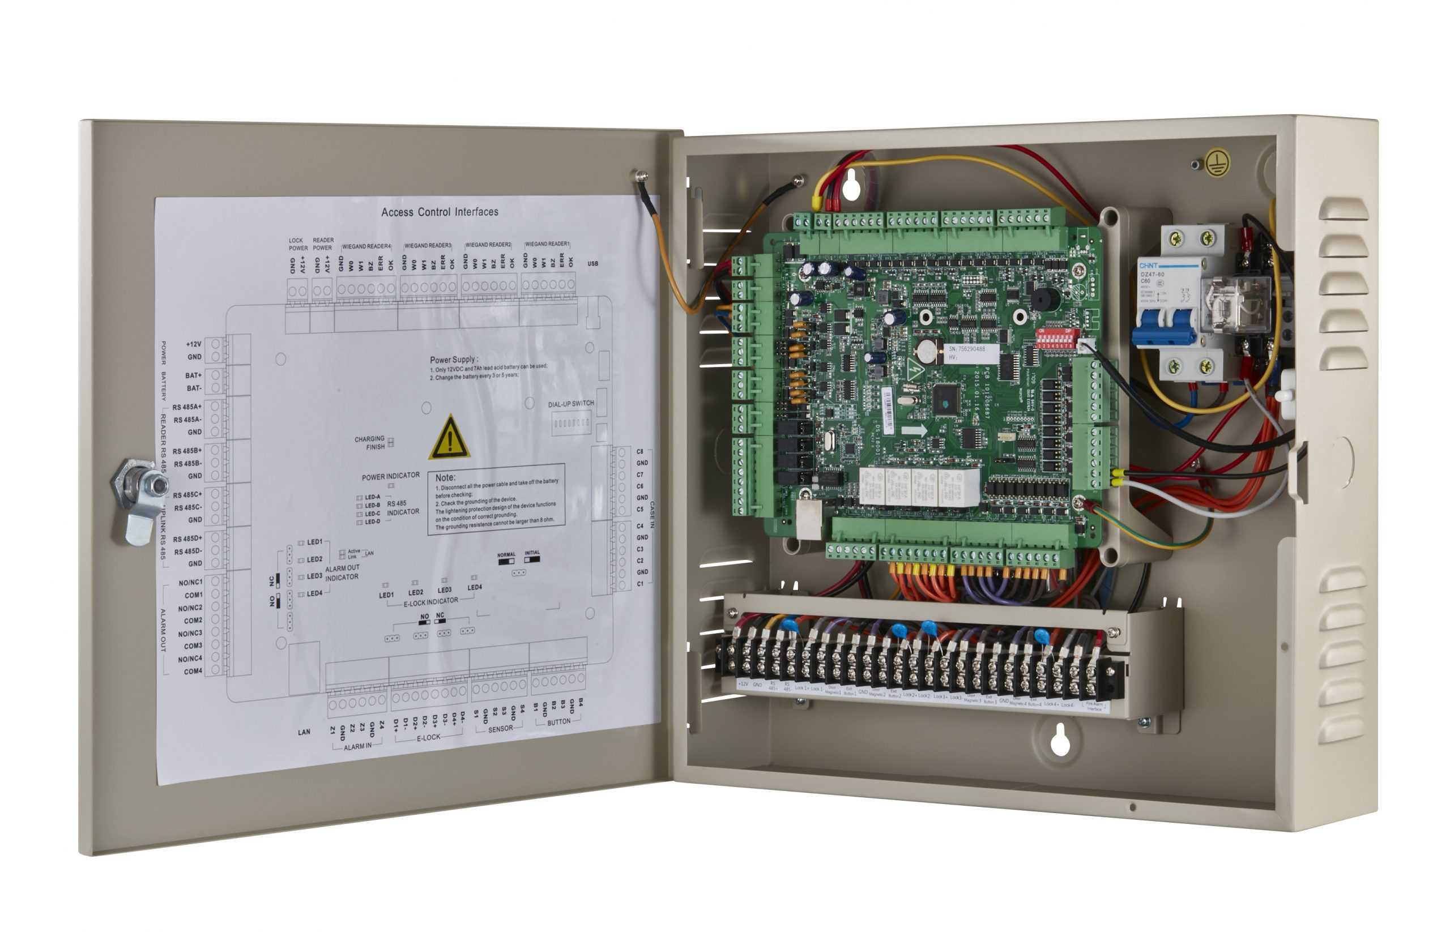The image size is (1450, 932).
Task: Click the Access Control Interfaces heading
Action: coord(440,212)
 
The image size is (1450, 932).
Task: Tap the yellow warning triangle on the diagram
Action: coord(449,438)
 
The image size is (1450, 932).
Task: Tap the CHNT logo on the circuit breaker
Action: coord(1148,266)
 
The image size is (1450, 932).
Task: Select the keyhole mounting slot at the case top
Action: coord(851,186)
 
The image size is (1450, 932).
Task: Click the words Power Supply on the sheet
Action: coord(454,360)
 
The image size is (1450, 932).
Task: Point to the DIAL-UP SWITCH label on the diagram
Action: coord(570,404)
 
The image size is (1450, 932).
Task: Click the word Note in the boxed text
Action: coord(445,477)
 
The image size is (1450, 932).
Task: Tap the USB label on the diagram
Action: coord(592,264)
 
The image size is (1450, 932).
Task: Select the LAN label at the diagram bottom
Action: coord(304,732)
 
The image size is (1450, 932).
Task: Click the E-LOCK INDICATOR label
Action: coord(430,601)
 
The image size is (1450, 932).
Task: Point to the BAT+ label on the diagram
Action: coord(193,375)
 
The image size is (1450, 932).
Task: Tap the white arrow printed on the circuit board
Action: coord(914,430)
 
